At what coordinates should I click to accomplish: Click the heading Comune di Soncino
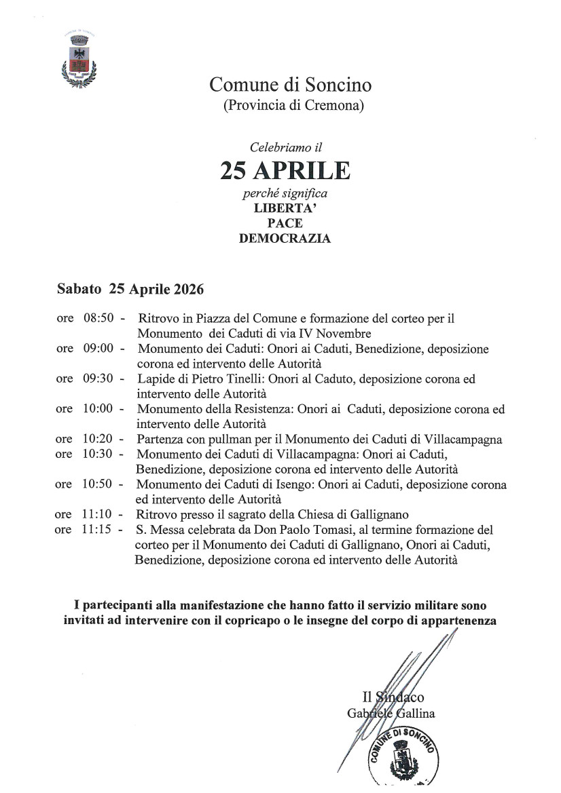click(290, 85)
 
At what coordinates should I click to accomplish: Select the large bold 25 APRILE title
click(285, 171)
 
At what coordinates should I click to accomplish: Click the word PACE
click(285, 223)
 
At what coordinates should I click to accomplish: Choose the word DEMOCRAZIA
click(285, 238)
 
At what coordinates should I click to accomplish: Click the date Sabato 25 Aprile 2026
click(130, 288)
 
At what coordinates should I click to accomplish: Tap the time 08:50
click(96, 318)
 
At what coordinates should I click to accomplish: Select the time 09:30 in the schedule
click(96, 379)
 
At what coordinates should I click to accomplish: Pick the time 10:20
click(96, 440)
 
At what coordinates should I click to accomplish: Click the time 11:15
click(96, 529)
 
